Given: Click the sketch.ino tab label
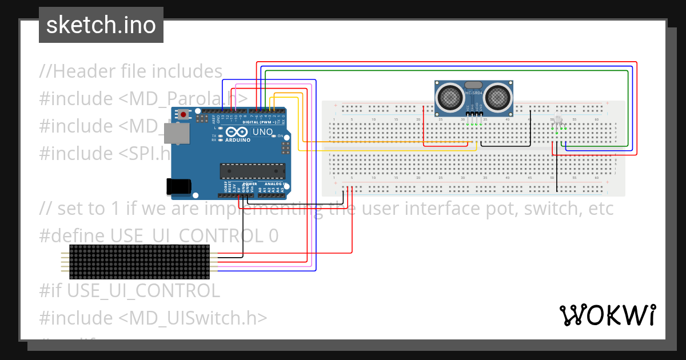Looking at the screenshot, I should coord(101,25).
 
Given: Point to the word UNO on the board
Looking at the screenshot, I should coord(263,132).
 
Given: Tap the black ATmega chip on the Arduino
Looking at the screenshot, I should coord(253,171).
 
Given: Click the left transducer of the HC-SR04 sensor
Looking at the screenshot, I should coord(450,97).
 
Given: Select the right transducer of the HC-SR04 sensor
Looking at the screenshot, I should coord(497,97).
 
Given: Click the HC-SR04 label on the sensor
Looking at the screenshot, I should coord(474,93).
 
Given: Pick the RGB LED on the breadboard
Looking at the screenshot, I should coord(558,121).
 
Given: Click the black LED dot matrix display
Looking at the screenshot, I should coord(139,262).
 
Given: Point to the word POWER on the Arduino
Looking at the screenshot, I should coord(249,184).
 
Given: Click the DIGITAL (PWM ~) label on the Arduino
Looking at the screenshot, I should coord(259,122).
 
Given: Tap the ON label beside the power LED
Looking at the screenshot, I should coord(281,136).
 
